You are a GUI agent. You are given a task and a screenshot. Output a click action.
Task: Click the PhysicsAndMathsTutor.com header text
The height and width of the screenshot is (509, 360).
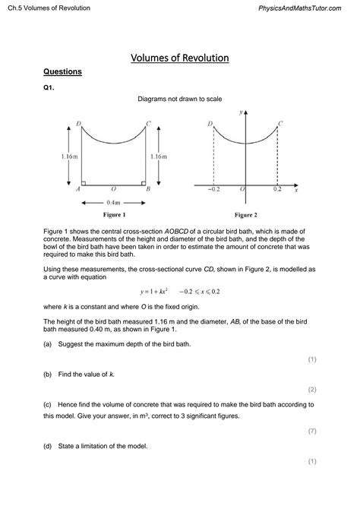pos(307,8)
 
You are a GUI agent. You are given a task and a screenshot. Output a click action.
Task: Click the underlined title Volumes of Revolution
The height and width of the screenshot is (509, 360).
pos(180,58)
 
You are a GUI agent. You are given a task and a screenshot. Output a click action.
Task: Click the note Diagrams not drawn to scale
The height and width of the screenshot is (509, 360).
pos(180,100)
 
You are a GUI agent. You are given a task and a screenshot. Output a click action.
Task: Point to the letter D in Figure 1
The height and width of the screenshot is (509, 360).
pos(79,121)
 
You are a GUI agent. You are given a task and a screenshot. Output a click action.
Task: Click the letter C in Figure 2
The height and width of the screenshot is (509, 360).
pos(280,123)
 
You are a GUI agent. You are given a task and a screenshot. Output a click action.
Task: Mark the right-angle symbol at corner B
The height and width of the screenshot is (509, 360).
pos(143,182)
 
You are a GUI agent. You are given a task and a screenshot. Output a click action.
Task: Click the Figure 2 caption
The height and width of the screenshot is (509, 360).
pos(245,216)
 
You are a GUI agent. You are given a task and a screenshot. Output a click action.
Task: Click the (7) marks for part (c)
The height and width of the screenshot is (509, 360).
pos(311,432)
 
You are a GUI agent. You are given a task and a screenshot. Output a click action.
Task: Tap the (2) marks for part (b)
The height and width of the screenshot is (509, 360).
pos(311,389)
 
